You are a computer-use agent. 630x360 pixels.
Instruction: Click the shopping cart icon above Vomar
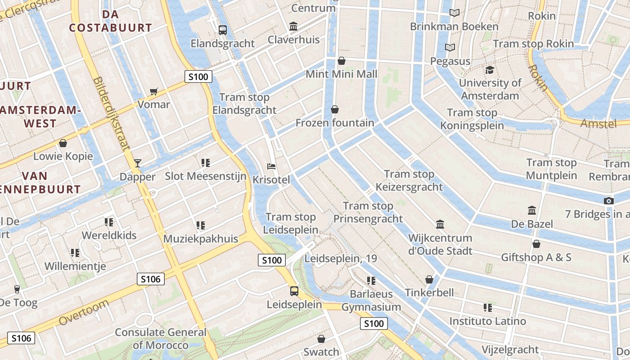(x=154, y=92)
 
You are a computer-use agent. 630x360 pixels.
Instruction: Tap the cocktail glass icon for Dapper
(x=138, y=163)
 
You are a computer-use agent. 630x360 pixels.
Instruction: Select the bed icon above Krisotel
(x=271, y=166)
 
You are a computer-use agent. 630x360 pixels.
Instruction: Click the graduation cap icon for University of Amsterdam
(x=490, y=70)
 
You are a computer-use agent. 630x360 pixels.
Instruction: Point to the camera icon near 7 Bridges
(x=609, y=201)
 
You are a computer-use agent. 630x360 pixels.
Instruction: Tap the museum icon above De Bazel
(x=532, y=210)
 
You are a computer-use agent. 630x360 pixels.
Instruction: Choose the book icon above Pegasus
(x=450, y=47)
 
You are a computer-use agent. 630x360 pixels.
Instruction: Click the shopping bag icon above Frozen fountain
(x=335, y=109)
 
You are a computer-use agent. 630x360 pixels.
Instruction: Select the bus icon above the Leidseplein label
(x=294, y=291)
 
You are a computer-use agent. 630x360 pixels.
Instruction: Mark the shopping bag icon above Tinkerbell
(x=429, y=279)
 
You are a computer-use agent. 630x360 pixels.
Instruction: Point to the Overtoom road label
(x=84, y=313)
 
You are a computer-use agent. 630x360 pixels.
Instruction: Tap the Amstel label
(x=598, y=123)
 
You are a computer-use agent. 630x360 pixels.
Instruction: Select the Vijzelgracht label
(x=510, y=349)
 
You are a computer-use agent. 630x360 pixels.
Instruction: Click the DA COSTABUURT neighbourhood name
(x=110, y=21)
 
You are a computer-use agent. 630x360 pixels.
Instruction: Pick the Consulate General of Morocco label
(x=161, y=339)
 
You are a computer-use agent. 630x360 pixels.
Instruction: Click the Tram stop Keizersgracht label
(x=409, y=180)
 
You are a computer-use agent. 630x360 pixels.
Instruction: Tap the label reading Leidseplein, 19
(x=341, y=259)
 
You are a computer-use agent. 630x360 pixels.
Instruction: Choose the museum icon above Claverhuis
(x=294, y=27)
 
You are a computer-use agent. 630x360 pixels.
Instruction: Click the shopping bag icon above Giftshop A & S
(x=536, y=244)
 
